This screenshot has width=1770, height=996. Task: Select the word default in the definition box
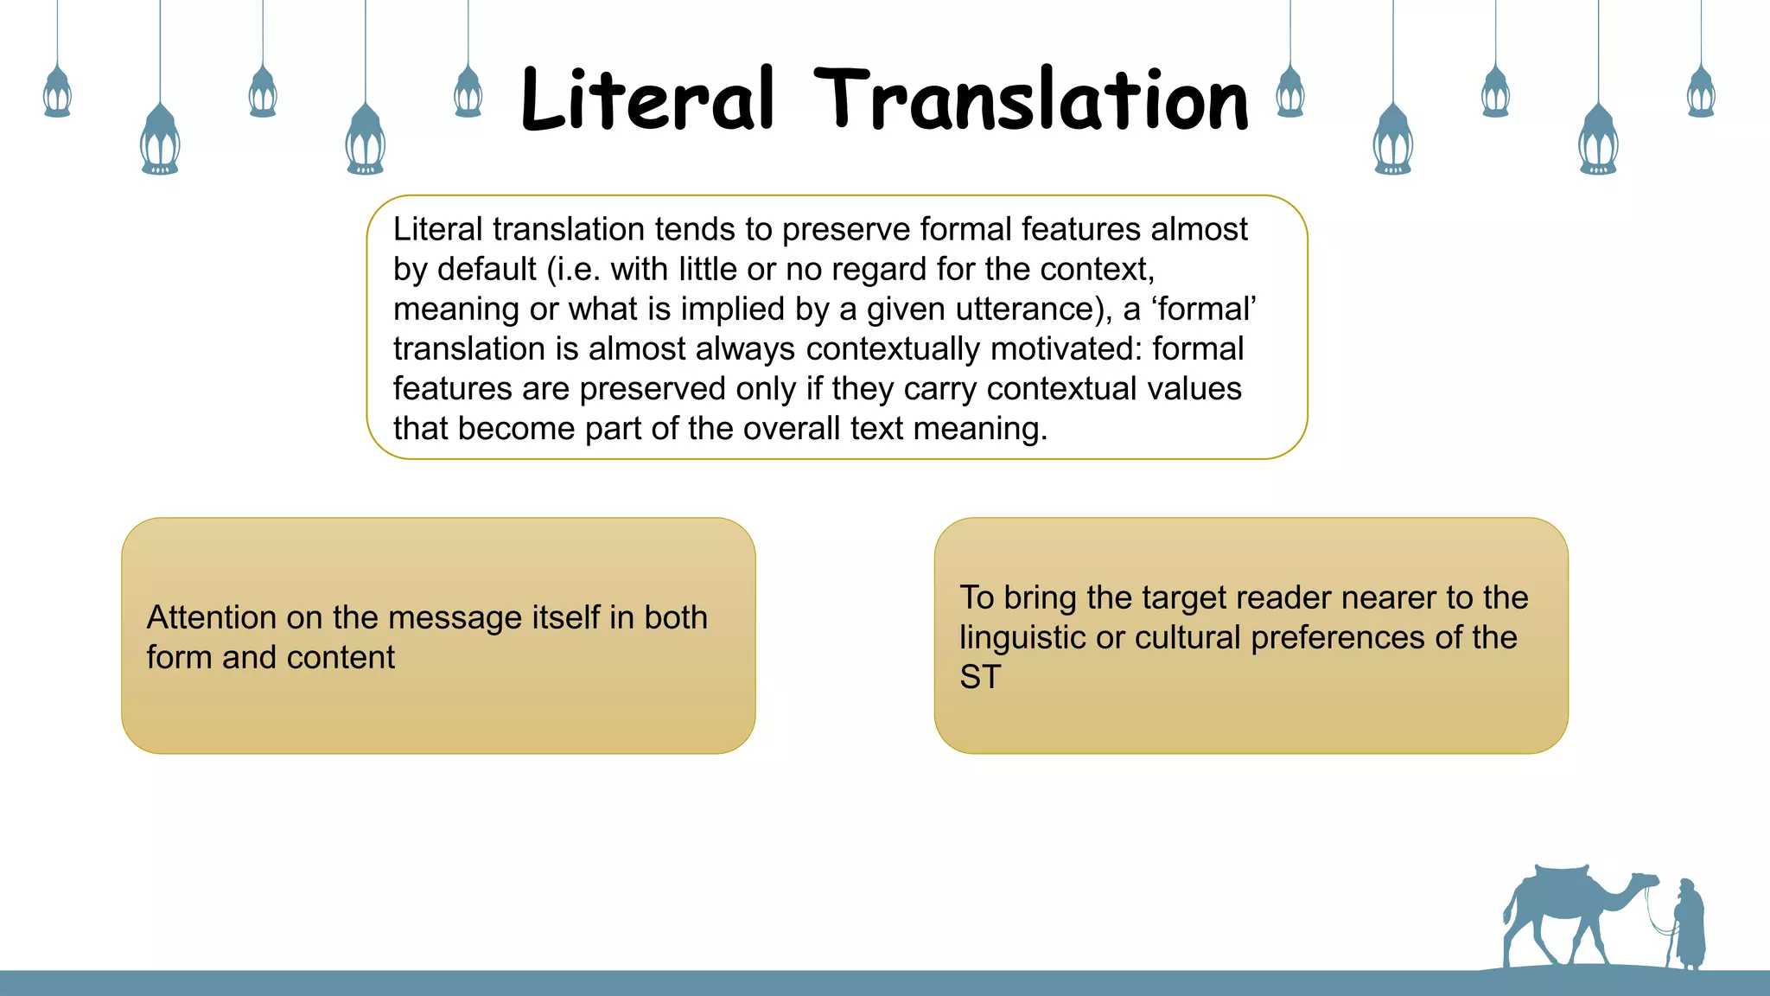tap(487, 270)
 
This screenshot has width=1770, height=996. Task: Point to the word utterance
tap(1019, 310)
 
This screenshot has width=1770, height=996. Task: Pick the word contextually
tap(894, 349)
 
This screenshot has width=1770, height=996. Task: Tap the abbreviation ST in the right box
tap(980, 678)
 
